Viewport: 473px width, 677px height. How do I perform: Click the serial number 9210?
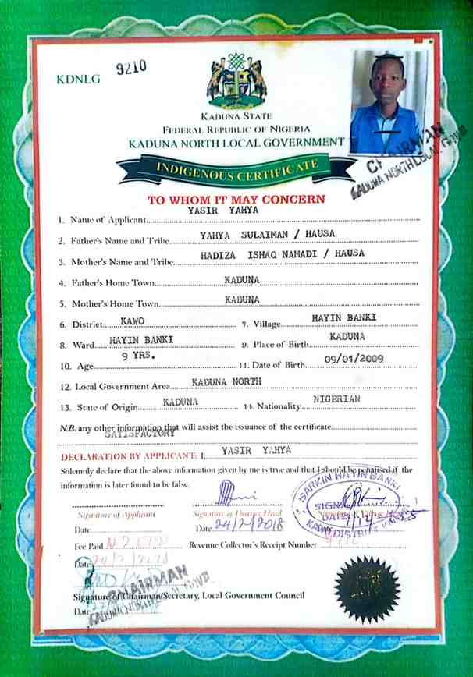[x=131, y=68]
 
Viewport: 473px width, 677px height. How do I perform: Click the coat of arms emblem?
[x=236, y=81]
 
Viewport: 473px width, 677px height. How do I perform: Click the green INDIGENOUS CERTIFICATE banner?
[x=234, y=167]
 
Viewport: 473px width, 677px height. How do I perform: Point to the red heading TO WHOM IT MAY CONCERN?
[x=236, y=200]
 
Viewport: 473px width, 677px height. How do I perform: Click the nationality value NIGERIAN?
[x=336, y=399]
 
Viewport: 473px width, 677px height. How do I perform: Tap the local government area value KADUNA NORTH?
[x=226, y=381]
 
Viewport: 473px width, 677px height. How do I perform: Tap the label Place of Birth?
[x=279, y=344]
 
